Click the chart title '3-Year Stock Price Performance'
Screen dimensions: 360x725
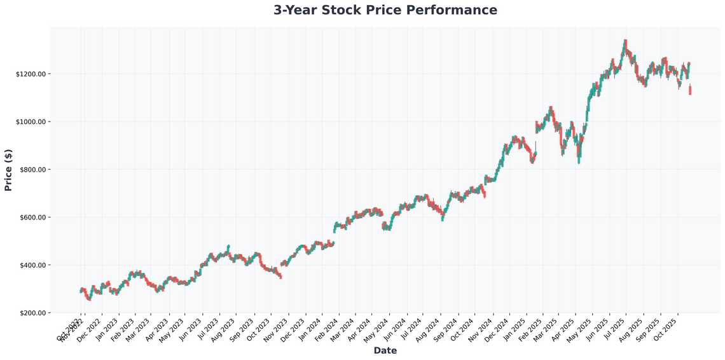385,10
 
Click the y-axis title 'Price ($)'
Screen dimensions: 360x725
8,170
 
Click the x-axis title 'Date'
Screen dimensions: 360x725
385,350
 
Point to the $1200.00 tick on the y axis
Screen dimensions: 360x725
32,74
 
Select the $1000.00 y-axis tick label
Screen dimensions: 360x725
32,121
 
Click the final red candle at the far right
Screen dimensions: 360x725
690,90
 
